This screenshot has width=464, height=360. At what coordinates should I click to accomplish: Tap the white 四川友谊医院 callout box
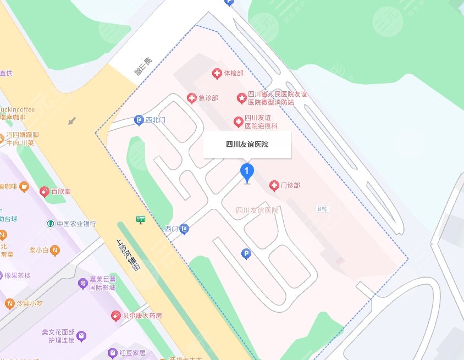click(x=247, y=145)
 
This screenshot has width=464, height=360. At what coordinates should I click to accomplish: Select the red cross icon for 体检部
click(x=217, y=73)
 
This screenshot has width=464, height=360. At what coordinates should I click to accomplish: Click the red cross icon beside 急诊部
click(x=191, y=98)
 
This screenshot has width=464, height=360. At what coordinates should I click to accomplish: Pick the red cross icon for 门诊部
click(x=274, y=186)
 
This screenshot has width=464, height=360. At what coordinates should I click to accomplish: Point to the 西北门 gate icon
click(x=140, y=120)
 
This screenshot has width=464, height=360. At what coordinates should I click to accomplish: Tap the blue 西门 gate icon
click(x=185, y=228)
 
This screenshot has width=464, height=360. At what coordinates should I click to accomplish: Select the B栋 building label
click(x=322, y=209)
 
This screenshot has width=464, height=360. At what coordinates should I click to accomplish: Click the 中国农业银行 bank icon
click(x=50, y=224)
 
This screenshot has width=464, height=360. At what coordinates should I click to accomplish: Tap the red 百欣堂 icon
click(x=45, y=191)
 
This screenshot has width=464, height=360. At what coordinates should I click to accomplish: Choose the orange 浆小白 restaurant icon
click(x=55, y=251)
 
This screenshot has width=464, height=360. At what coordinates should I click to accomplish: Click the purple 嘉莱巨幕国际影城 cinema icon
click(x=83, y=284)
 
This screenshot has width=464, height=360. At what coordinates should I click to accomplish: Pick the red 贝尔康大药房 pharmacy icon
click(x=115, y=315)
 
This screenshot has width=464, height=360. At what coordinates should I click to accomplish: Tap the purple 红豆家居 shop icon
click(x=112, y=352)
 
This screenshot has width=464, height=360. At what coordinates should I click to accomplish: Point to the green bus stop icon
click(x=141, y=220)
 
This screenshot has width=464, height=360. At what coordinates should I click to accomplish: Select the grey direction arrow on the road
click(x=72, y=120)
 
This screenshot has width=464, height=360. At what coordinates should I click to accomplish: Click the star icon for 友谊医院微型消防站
click(x=241, y=98)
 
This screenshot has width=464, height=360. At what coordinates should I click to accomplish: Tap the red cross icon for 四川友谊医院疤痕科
click(x=238, y=121)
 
